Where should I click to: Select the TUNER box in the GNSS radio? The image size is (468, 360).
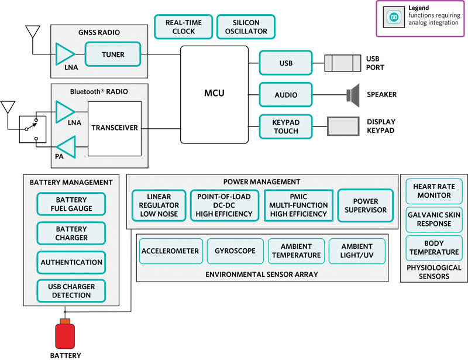(x=113, y=54)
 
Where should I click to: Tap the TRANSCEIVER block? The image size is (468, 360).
(x=115, y=128)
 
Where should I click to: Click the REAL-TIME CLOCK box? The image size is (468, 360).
(x=184, y=27)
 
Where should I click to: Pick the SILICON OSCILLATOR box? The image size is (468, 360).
(x=246, y=27)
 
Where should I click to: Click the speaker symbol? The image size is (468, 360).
(x=352, y=94)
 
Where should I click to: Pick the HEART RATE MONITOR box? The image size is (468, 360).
(x=433, y=191)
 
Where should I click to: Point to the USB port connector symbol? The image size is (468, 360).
(x=343, y=63)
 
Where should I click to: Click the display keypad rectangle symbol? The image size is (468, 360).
(x=344, y=126)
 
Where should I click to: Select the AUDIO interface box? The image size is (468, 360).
(x=286, y=95)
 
